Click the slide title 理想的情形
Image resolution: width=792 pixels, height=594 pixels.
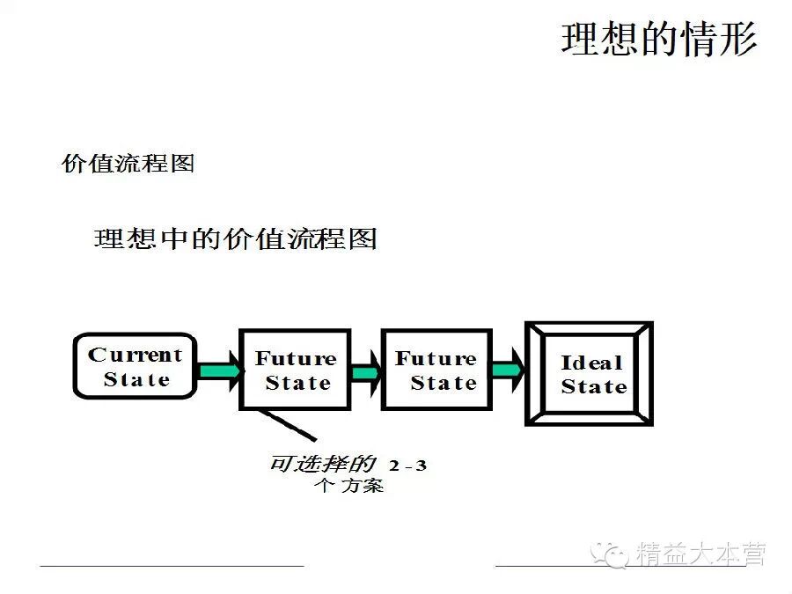tap(658, 40)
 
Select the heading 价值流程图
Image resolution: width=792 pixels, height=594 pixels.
tap(128, 164)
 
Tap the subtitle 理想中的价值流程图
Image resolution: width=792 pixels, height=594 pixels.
tap(235, 239)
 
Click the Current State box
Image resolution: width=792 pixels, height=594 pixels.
tap(135, 366)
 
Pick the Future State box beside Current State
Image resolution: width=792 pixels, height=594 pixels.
tap(295, 370)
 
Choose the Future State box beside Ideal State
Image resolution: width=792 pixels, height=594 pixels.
tap(436, 370)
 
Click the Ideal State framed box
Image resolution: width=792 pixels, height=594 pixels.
tap(590, 373)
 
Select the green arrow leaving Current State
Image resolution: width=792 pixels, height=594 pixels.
tap(217, 370)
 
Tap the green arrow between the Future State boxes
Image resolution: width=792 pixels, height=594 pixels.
tap(365, 371)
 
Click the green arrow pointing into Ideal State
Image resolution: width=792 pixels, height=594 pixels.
tap(506, 370)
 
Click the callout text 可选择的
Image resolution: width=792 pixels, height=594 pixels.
tap(322, 464)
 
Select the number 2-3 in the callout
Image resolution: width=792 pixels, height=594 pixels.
tap(407, 465)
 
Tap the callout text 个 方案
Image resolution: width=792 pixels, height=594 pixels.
tap(349, 486)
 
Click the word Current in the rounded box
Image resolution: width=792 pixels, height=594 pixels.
tap(135, 355)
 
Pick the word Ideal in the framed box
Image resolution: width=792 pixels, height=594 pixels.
tap(591, 362)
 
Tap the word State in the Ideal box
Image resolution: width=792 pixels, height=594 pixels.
tap(594, 386)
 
